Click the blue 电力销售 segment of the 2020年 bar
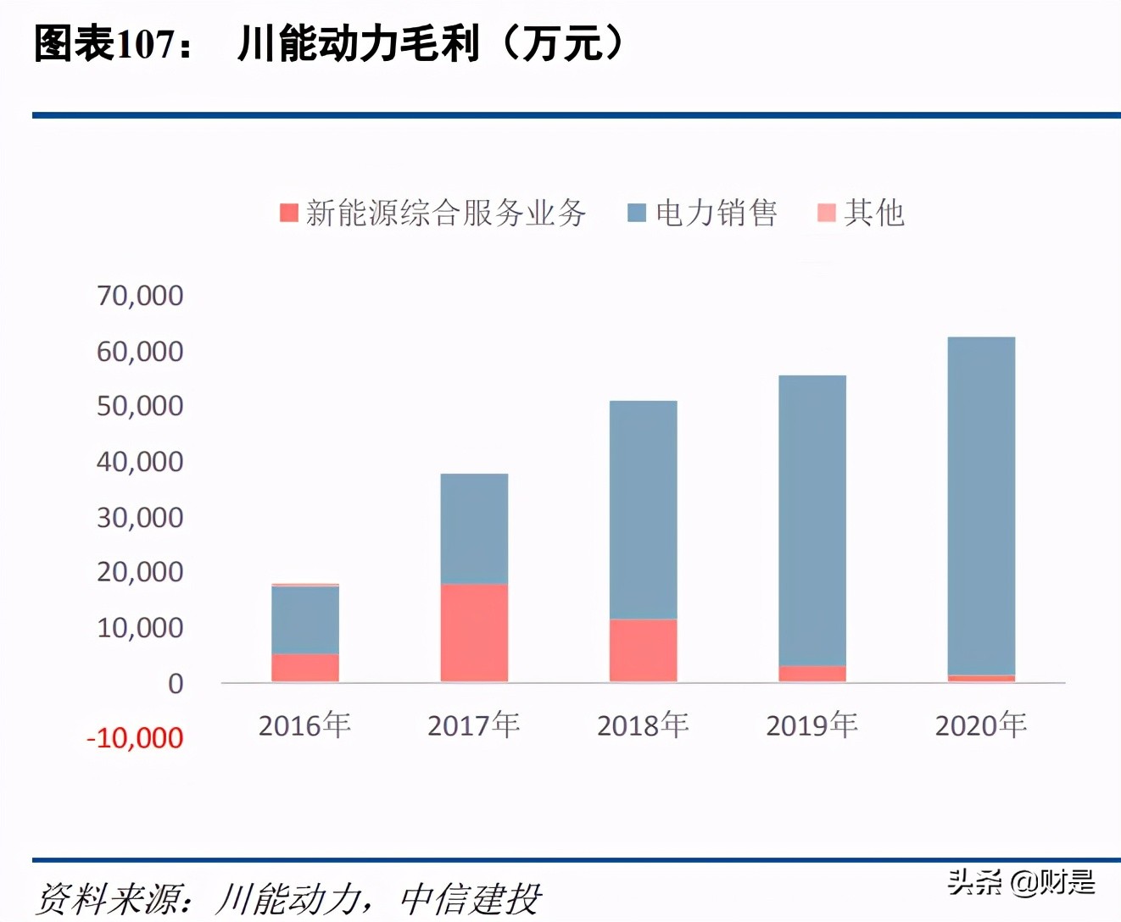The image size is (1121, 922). [981, 505]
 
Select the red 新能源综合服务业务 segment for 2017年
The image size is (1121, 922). [474, 632]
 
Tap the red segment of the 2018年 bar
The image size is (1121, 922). [643, 650]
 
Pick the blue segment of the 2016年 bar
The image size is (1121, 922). [305, 619]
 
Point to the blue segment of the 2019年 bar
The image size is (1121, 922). [811, 520]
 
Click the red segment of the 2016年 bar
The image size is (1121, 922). [305, 668]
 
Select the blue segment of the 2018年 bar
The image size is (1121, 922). [643, 509]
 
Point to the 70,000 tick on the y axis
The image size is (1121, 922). [140, 296]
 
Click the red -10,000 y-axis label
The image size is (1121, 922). [135, 738]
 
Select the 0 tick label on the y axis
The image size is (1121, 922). [175, 684]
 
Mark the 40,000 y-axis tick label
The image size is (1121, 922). [140, 462]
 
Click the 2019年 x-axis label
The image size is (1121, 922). [811, 725]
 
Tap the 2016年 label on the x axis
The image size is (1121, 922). [304, 725]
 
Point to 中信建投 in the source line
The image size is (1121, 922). [470, 899]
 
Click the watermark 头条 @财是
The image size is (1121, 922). [1021, 882]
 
